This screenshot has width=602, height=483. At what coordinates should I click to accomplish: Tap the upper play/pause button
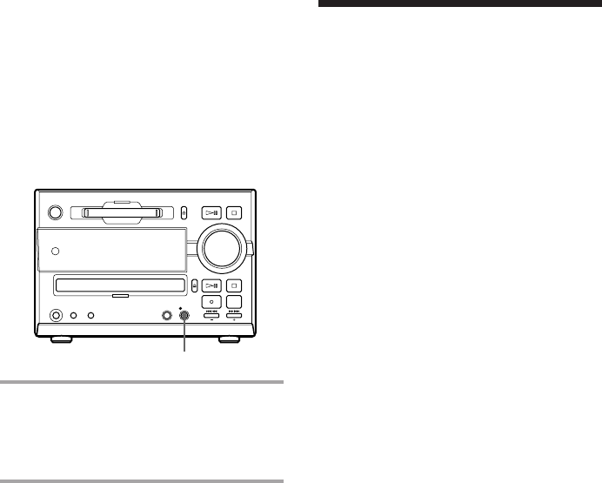(x=213, y=211)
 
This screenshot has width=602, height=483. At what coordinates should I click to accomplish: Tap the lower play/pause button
(x=213, y=285)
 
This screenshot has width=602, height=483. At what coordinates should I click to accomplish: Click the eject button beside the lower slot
(x=195, y=285)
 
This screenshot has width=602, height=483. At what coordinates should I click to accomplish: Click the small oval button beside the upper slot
(x=184, y=211)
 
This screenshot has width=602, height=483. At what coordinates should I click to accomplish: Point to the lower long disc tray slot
(x=120, y=285)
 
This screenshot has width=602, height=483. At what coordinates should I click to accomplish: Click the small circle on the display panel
(x=56, y=252)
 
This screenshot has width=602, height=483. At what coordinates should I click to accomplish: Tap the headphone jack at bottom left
(x=57, y=317)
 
